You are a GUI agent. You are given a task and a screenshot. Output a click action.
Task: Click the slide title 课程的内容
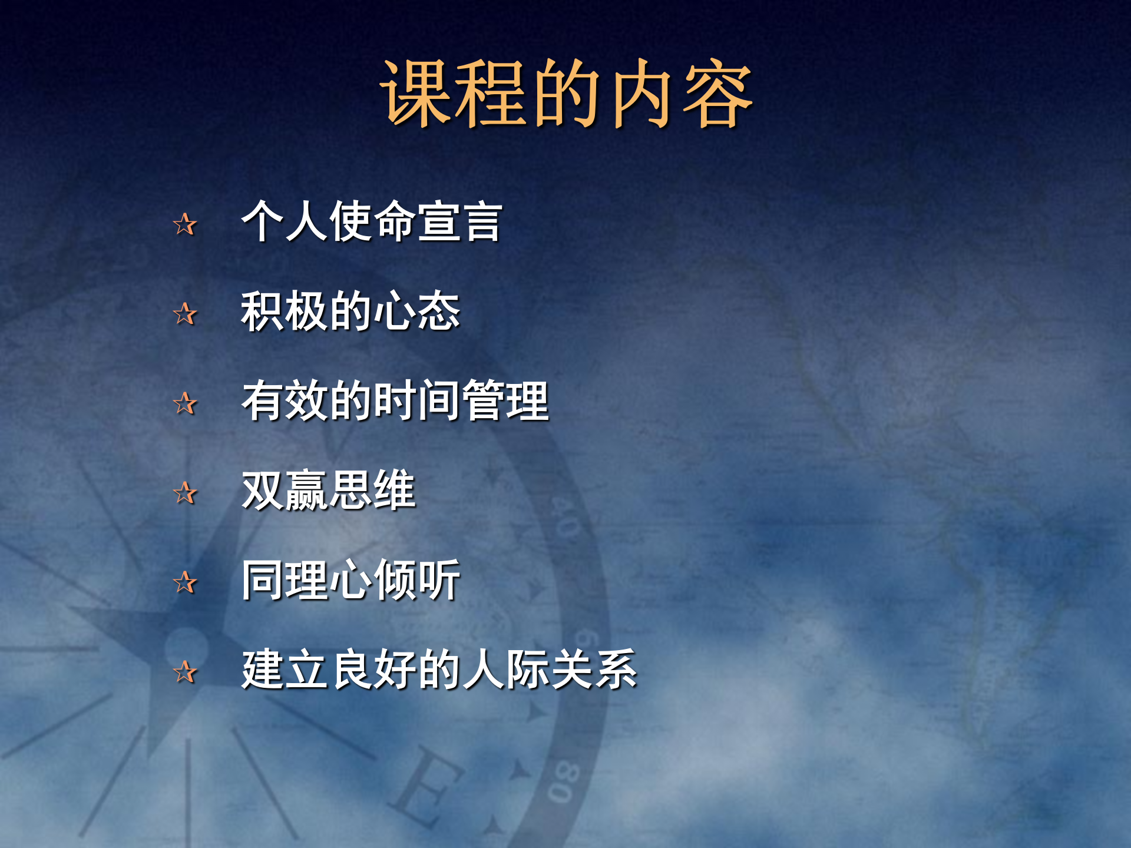click(x=565, y=94)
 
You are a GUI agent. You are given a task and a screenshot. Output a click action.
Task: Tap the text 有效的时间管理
click(x=395, y=401)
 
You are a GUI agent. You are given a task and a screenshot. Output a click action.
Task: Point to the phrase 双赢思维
click(x=328, y=491)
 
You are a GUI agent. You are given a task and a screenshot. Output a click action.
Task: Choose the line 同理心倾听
click(x=350, y=581)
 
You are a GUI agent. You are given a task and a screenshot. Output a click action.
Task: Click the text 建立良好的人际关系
click(x=439, y=670)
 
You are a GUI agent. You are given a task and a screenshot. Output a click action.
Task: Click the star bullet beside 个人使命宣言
click(x=185, y=224)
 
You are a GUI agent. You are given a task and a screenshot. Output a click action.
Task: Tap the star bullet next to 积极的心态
click(x=185, y=314)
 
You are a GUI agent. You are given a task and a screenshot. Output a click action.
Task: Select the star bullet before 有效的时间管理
click(x=185, y=404)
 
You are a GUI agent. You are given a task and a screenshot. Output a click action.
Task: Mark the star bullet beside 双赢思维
click(x=185, y=493)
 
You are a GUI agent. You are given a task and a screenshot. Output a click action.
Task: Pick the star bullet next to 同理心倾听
click(x=185, y=583)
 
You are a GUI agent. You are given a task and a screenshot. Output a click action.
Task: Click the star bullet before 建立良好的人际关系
click(x=185, y=673)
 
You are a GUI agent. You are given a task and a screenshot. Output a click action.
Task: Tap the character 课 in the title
click(x=415, y=94)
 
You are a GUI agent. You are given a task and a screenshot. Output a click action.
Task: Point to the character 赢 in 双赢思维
click(x=306, y=491)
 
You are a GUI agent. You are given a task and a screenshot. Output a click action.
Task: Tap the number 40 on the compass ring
click(x=565, y=518)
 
